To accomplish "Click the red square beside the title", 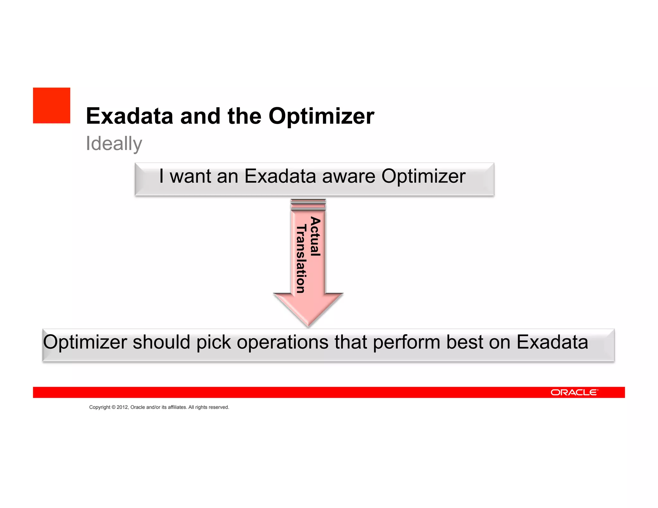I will tap(51, 105).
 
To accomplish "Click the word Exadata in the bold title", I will tap(129, 116).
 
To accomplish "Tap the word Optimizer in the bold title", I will tap(321, 116).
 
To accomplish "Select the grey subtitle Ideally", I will tap(114, 144).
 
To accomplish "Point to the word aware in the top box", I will tap(349, 176).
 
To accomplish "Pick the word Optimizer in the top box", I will tap(423, 176).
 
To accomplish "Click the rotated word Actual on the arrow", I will tap(315, 236).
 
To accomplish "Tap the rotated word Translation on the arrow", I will tap(301, 259).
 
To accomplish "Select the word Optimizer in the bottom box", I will tap(85, 342).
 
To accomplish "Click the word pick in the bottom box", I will tap(214, 342).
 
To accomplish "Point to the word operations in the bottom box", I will tap(283, 342).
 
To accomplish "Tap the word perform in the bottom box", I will tap(406, 342).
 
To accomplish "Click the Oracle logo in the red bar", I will tap(574, 392).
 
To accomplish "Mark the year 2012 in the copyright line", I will tap(122, 407).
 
